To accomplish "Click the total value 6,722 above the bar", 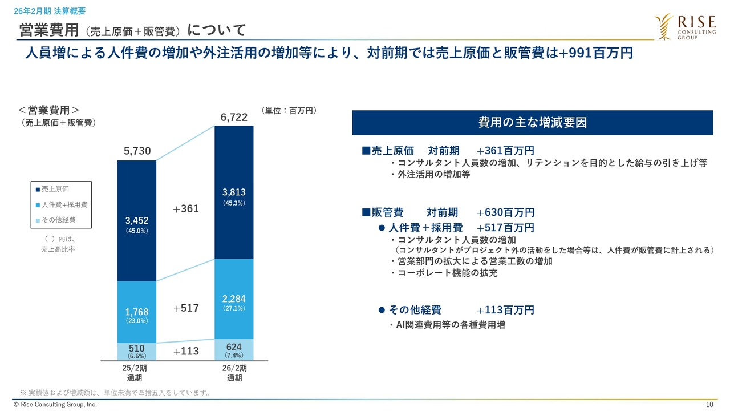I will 234,118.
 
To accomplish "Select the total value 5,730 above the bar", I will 137,151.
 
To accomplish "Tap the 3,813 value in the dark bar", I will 234,192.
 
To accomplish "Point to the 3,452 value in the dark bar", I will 137,221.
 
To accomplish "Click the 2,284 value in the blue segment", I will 234,299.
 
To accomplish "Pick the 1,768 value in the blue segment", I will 137,312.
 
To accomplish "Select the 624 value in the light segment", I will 234,347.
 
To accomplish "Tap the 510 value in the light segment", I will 137,348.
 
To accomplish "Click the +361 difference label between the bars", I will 186,209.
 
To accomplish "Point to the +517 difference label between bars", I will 186,308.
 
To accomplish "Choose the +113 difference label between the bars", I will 186,351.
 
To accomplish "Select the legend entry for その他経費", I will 58,220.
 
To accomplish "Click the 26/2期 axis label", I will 234,368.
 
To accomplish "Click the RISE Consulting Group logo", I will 685,27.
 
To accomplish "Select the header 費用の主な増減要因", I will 532,123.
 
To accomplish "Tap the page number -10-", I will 709,405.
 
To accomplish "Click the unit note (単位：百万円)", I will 289,111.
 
